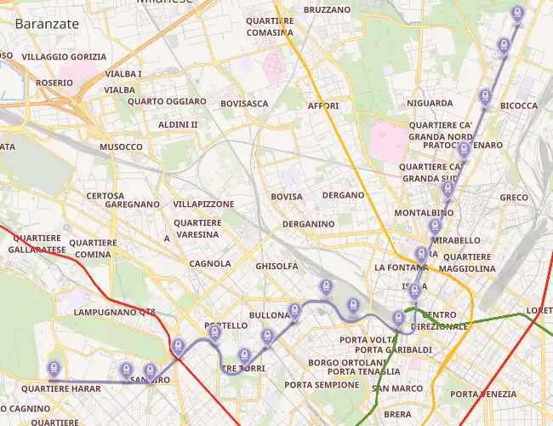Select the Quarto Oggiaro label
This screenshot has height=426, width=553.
tap(167, 101)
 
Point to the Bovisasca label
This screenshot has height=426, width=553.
tap(244, 104)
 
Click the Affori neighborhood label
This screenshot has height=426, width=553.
tap(323, 106)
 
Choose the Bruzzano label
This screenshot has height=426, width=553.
tap(326, 9)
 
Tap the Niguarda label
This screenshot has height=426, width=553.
tap(430, 103)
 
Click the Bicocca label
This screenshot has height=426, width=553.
tap(519, 106)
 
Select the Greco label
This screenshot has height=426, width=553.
tap(514, 198)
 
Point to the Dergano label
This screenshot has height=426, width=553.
tap(344, 195)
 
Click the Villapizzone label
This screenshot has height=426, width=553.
tap(203, 205)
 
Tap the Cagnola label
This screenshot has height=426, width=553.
tap(210, 263)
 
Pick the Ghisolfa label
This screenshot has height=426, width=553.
tap(276, 267)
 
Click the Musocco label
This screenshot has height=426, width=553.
tap(121, 147)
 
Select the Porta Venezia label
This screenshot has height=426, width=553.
tap(483, 394)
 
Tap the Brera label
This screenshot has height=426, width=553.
tap(397, 414)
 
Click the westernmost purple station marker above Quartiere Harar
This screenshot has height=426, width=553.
tap(54, 368)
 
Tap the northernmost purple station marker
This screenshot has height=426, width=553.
tap(517, 12)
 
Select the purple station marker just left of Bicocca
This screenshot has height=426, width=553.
tap(486, 96)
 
